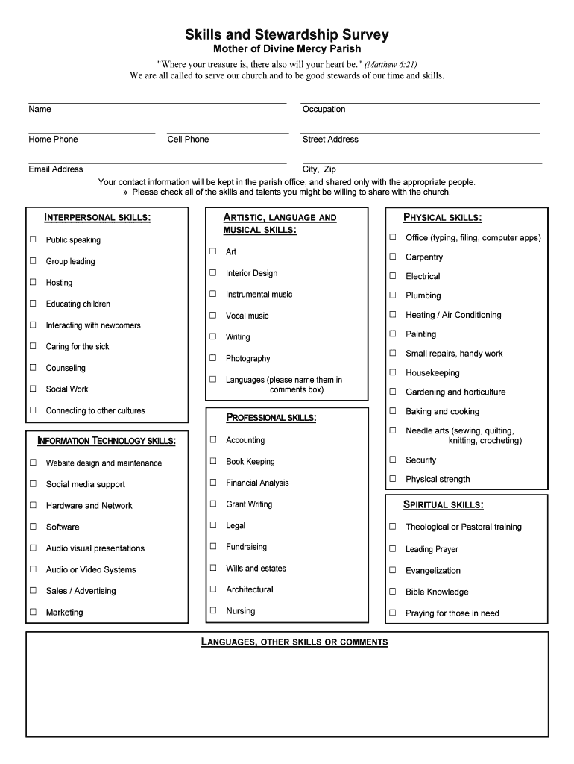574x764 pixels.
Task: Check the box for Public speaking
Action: [x=33, y=239]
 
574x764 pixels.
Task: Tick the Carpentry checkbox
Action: [x=392, y=257]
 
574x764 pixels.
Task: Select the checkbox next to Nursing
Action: [x=213, y=610]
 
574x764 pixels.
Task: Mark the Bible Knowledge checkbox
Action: [x=392, y=592]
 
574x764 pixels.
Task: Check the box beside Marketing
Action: [x=33, y=612]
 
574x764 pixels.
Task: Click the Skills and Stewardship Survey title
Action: [x=287, y=35]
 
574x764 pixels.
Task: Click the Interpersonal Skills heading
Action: [x=98, y=218]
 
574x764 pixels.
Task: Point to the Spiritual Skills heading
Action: [x=444, y=505]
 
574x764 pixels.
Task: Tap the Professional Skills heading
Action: [x=271, y=417]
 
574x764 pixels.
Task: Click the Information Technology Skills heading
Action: [x=107, y=441]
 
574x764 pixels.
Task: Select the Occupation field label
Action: [x=324, y=110]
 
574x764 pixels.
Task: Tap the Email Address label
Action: [x=56, y=169]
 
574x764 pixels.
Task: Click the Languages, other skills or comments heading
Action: [x=294, y=642]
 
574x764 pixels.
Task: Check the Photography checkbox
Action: [x=213, y=358]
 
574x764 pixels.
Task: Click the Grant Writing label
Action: [x=249, y=504]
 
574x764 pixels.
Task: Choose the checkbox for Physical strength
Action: [x=392, y=479]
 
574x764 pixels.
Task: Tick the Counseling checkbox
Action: [x=33, y=368]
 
